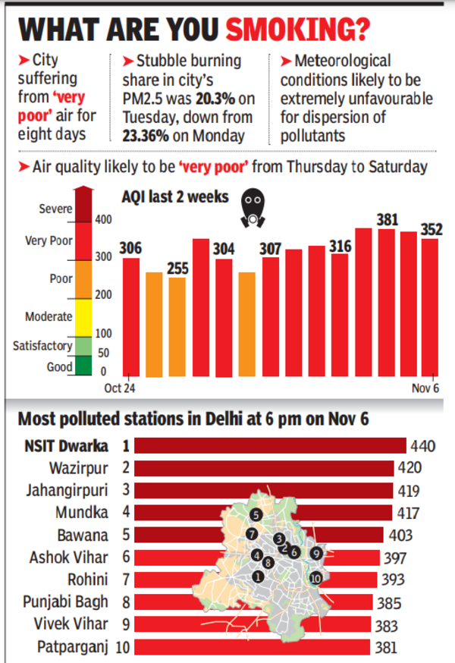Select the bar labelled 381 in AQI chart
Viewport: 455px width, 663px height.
(x=388, y=303)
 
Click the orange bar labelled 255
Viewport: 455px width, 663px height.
(x=177, y=326)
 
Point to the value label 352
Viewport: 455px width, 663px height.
(x=431, y=231)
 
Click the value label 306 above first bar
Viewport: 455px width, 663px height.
(x=131, y=250)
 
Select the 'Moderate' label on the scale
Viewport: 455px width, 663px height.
(x=49, y=316)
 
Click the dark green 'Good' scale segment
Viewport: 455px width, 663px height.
(x=83, y=367)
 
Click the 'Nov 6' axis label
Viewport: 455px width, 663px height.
(x=425, y=388)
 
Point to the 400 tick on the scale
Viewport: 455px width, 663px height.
(x=102, y=219)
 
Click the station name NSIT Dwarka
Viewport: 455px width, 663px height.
(x=63, y=445)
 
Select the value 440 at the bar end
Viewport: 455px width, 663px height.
(x=422, y=445)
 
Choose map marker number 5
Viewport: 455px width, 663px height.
(x=257, y=514)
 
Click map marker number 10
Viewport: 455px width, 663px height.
(x=315, y=578)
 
